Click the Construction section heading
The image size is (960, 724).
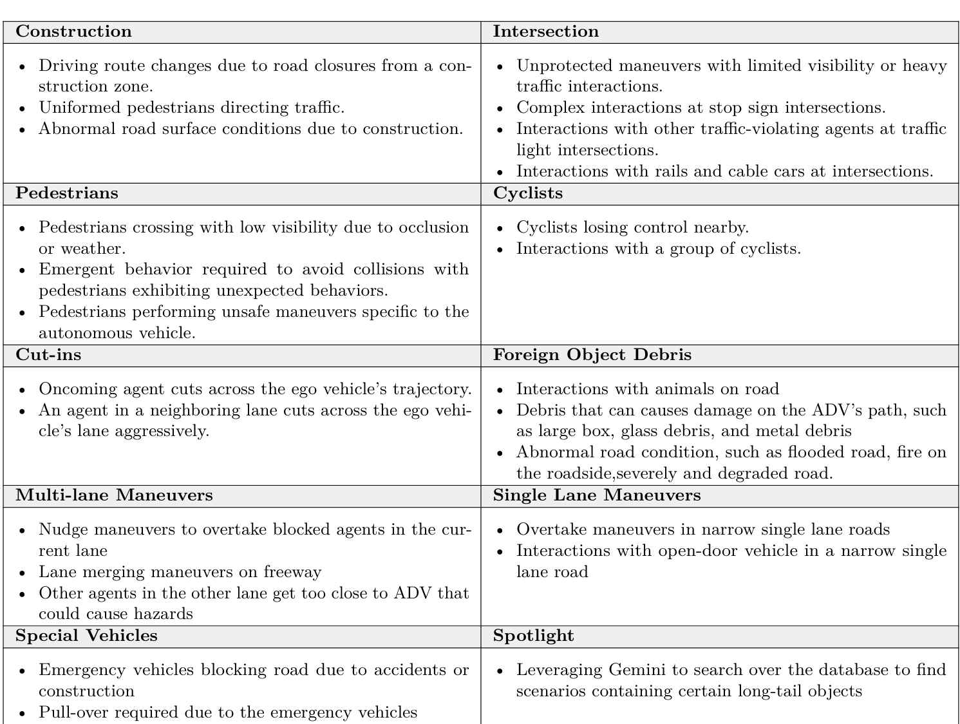click(x=73, y=32)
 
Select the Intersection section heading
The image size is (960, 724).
click(x=545, y=32)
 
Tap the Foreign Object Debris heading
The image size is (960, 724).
click(x=592, y=355)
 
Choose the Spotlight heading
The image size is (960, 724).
click(x=533, y=636)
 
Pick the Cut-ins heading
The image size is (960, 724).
click(x=48, y=355)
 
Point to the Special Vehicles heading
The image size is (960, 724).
click(x=86, y=636)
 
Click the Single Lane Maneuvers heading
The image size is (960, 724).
click(x=596, y=495)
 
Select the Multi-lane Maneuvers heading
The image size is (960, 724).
click(x=114, y=495)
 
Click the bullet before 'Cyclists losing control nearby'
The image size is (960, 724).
click(x=500, y=229)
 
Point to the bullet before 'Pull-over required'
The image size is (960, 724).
click(x=23, y=714)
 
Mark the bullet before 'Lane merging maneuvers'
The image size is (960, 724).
click(x=23, y=573)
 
